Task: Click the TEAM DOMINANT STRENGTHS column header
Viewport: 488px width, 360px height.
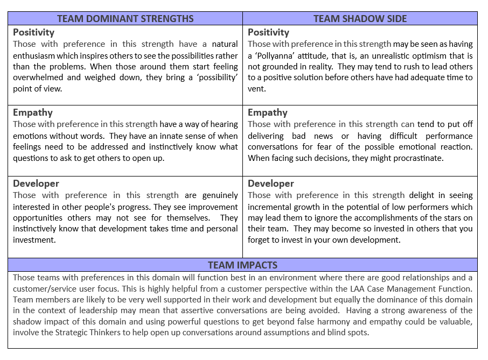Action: (x=125, y=19)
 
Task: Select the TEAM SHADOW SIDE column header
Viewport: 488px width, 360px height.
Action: (x=359, y=19)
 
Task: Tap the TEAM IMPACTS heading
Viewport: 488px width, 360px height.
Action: (x=242, y=265)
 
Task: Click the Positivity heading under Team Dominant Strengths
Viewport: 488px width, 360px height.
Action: (x=34, y=33)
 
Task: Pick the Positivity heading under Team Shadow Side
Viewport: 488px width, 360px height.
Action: (x=268, y=33)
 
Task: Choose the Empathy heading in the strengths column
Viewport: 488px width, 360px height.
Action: (x=33, y=113)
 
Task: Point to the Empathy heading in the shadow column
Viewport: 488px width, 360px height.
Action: (x=268, y=113)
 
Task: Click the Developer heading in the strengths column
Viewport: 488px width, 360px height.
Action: (x=36, y=183)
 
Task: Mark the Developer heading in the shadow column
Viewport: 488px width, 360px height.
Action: (x=271, y=183)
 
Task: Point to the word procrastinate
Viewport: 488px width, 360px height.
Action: (x=430, y=158)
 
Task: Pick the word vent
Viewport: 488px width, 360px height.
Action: (x=256, y=89)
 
